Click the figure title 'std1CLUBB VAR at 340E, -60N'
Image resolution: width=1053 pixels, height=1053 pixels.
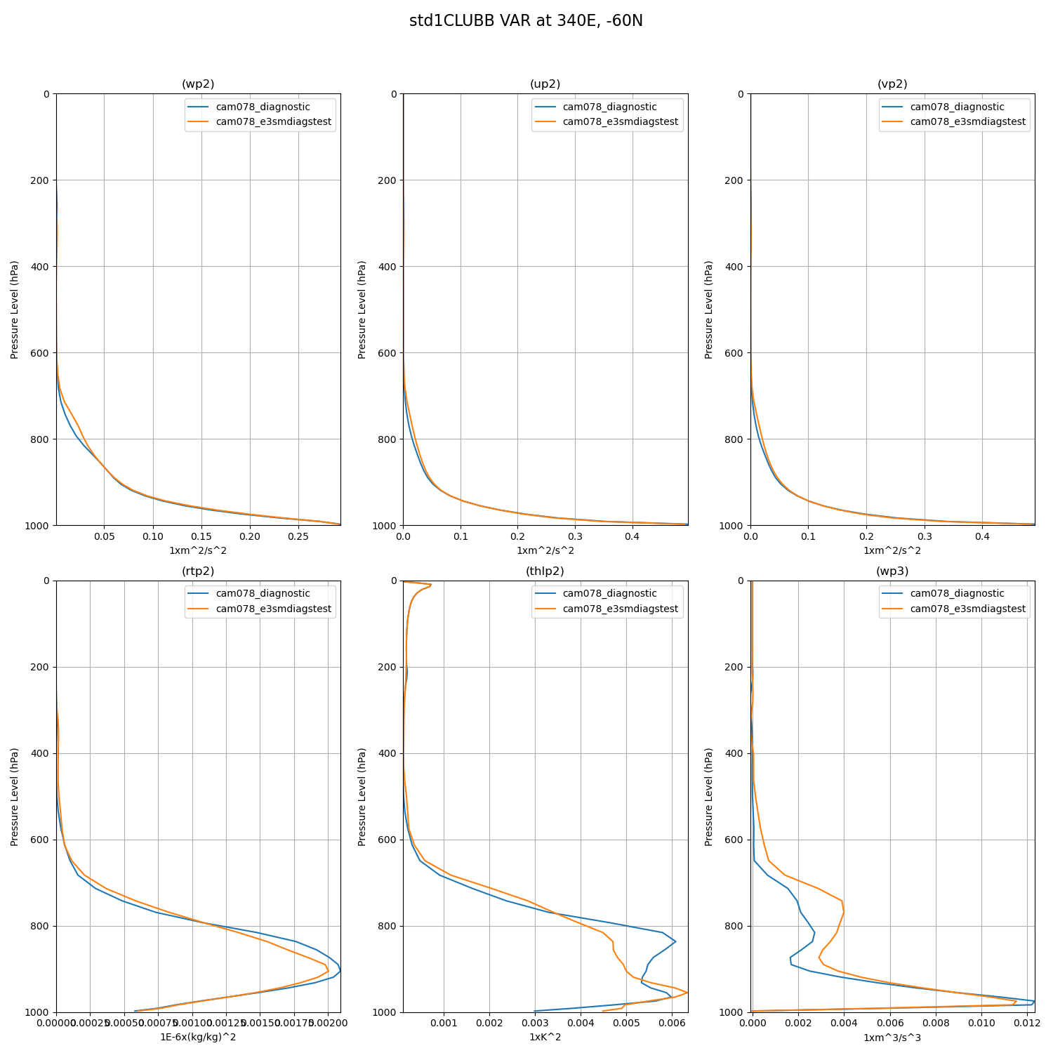click(x=526, y=21)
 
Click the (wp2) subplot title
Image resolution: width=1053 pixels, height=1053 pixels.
click(x=198, y=84)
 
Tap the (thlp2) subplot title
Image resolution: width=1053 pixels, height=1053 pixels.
click(x=545, y=571)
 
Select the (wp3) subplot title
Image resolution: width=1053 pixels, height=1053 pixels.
click(x=892, y=571)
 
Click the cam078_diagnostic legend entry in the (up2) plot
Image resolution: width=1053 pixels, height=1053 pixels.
click(x=609, y=107)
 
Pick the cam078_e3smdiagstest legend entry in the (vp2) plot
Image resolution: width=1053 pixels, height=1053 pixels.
click(x=967, y=122)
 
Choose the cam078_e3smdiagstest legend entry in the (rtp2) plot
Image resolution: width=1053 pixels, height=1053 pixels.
click(x=273, y=609)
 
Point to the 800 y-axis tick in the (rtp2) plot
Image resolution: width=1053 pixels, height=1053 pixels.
click(x=40, y=927)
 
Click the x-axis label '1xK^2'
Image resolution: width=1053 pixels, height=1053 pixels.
click(x=545, y=1038)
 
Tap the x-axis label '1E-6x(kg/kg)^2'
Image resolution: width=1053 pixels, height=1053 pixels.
click(x=198, y=1038)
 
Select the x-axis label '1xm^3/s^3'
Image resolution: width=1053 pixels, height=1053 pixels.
click(x=892, y=1038)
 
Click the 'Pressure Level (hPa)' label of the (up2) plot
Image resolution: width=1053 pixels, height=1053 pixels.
click(x=362, y=310)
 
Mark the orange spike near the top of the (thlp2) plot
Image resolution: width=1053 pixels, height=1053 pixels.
click(x=430, y=585)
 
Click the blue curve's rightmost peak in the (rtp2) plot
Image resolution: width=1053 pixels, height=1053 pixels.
click(x=340, y=971)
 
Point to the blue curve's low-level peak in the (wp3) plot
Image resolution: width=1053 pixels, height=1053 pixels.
click(x=1034, y=1001)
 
